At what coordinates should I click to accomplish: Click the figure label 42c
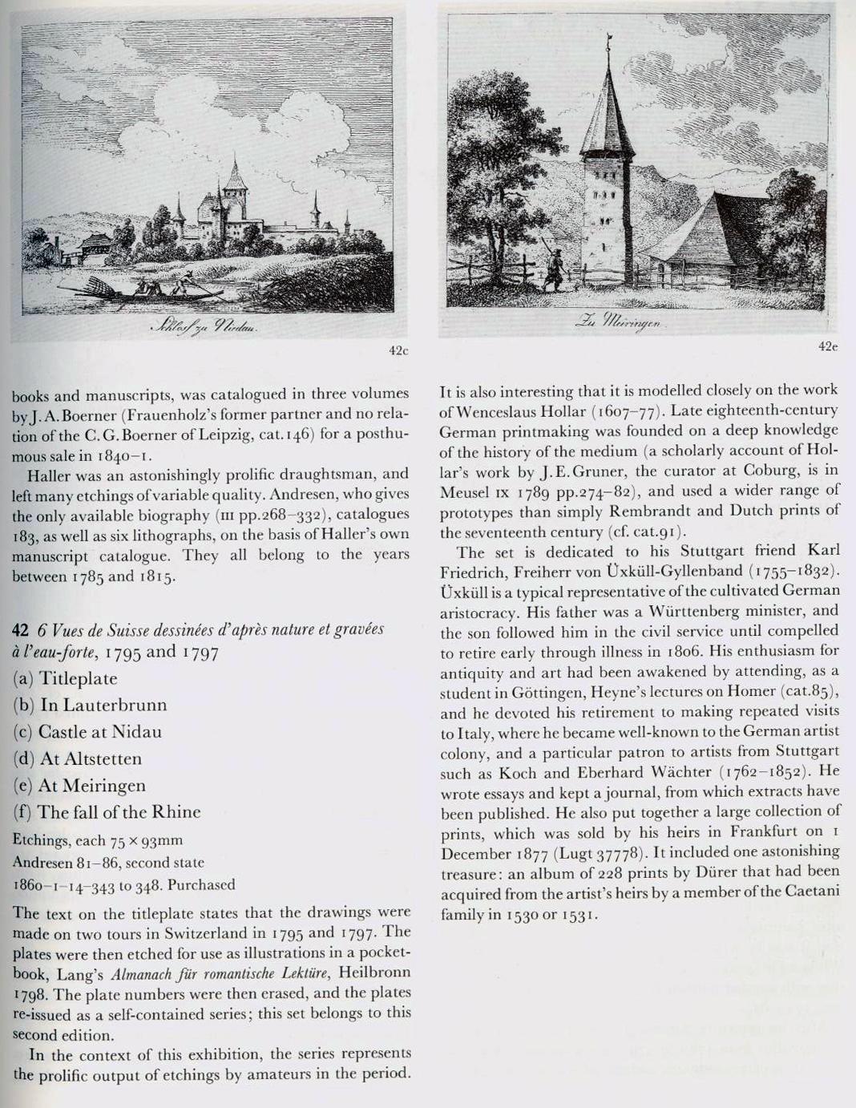pos(398,351)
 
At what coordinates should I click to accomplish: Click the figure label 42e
pos(828,346)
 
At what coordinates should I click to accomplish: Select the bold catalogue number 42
pos(21,629)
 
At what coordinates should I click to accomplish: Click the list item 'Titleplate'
pos(78,679)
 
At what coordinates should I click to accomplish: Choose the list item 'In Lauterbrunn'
pos(103,706)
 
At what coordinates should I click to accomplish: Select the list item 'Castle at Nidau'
pos(100,732)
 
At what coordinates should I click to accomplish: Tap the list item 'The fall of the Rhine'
pos(119,812)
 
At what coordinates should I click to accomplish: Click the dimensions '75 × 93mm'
pos(147,840)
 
